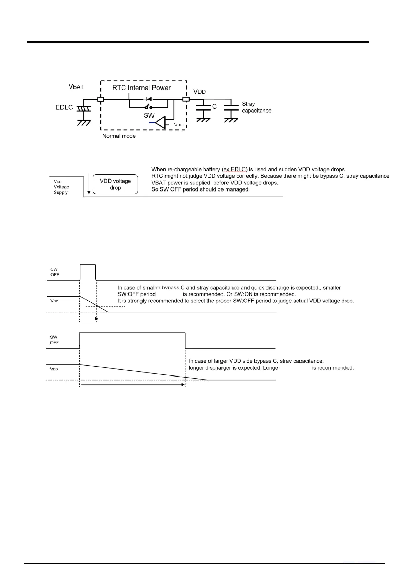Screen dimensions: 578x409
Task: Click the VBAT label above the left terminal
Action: [76, 86]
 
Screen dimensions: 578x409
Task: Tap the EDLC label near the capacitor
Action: [64, 107]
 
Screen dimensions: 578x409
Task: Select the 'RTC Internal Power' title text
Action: [141, 88]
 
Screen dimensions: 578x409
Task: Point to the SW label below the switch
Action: [149, 115]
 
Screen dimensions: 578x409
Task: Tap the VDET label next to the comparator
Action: [179, 125]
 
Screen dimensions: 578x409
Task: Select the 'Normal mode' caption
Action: [119, 136]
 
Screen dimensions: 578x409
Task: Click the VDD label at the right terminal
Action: [200, 92]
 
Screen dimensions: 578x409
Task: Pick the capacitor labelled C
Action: [203, 107]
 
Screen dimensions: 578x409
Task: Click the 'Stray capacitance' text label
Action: [256, 107]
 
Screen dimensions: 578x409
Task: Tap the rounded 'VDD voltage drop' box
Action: [115, 184]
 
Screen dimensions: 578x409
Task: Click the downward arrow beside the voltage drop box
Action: [89, 184]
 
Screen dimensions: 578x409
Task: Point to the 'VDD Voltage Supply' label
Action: [61, 187]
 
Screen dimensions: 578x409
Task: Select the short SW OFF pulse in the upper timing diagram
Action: [88, 272]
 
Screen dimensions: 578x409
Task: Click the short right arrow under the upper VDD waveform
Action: [89, 319]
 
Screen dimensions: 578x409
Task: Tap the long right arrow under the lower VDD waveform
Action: [133, 385]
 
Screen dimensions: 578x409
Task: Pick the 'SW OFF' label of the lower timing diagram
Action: [54, 340]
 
